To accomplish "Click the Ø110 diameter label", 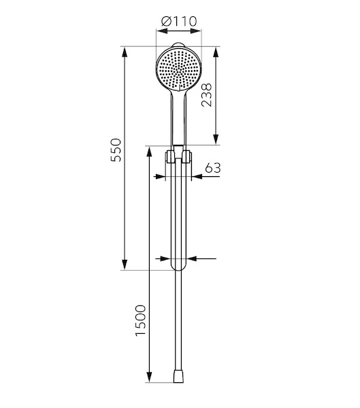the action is pos(179,21).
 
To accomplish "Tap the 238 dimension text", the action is pos(207,95).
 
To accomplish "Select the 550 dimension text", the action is pos(116,150).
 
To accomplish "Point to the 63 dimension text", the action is pos(213,168).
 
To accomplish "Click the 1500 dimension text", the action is pos(140,320).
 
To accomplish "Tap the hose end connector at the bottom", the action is pos(178,376).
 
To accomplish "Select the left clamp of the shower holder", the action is pos(170,156).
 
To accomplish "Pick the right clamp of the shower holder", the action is pos(187,156).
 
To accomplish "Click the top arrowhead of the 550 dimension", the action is pos(125,52).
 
